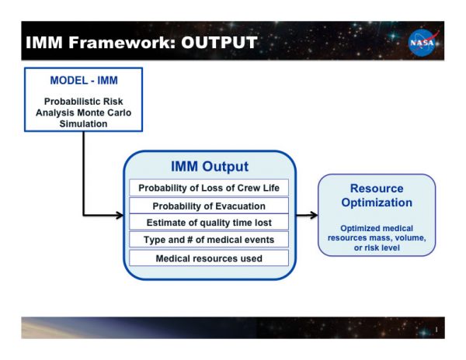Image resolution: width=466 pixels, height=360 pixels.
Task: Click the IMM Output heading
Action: point(210,167)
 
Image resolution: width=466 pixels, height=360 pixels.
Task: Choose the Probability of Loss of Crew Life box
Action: point(209,188)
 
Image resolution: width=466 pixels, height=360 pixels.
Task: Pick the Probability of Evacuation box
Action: point(209,206)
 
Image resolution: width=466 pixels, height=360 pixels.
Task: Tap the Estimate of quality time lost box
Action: point(209,223)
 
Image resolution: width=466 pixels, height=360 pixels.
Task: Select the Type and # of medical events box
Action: point(209,240)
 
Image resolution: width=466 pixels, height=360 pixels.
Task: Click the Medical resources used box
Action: point(209,258)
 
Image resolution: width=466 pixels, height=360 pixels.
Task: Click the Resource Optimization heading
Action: point(377,196)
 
